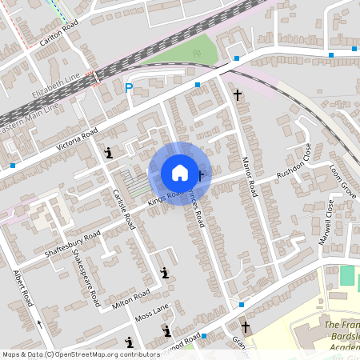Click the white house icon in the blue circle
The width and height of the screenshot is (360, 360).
point(180,173)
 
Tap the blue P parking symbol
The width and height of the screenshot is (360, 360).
point(128,88)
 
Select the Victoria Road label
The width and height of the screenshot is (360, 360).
point(77,138)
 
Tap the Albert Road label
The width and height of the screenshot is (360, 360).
point(22,288)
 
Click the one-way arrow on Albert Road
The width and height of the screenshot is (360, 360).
point(38,324)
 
